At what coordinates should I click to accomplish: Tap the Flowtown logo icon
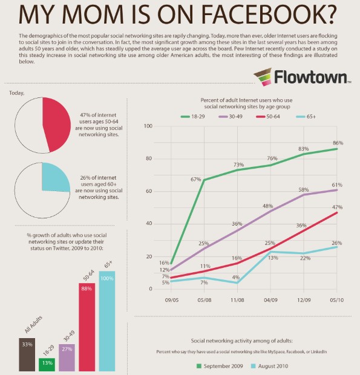click(262, 77)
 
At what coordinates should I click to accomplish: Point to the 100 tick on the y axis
click(148, 126)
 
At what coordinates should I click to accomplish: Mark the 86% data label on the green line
click(338, 143)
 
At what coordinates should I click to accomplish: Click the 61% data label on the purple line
click(338, 184)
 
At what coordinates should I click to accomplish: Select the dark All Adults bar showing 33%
click(27, 354)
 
